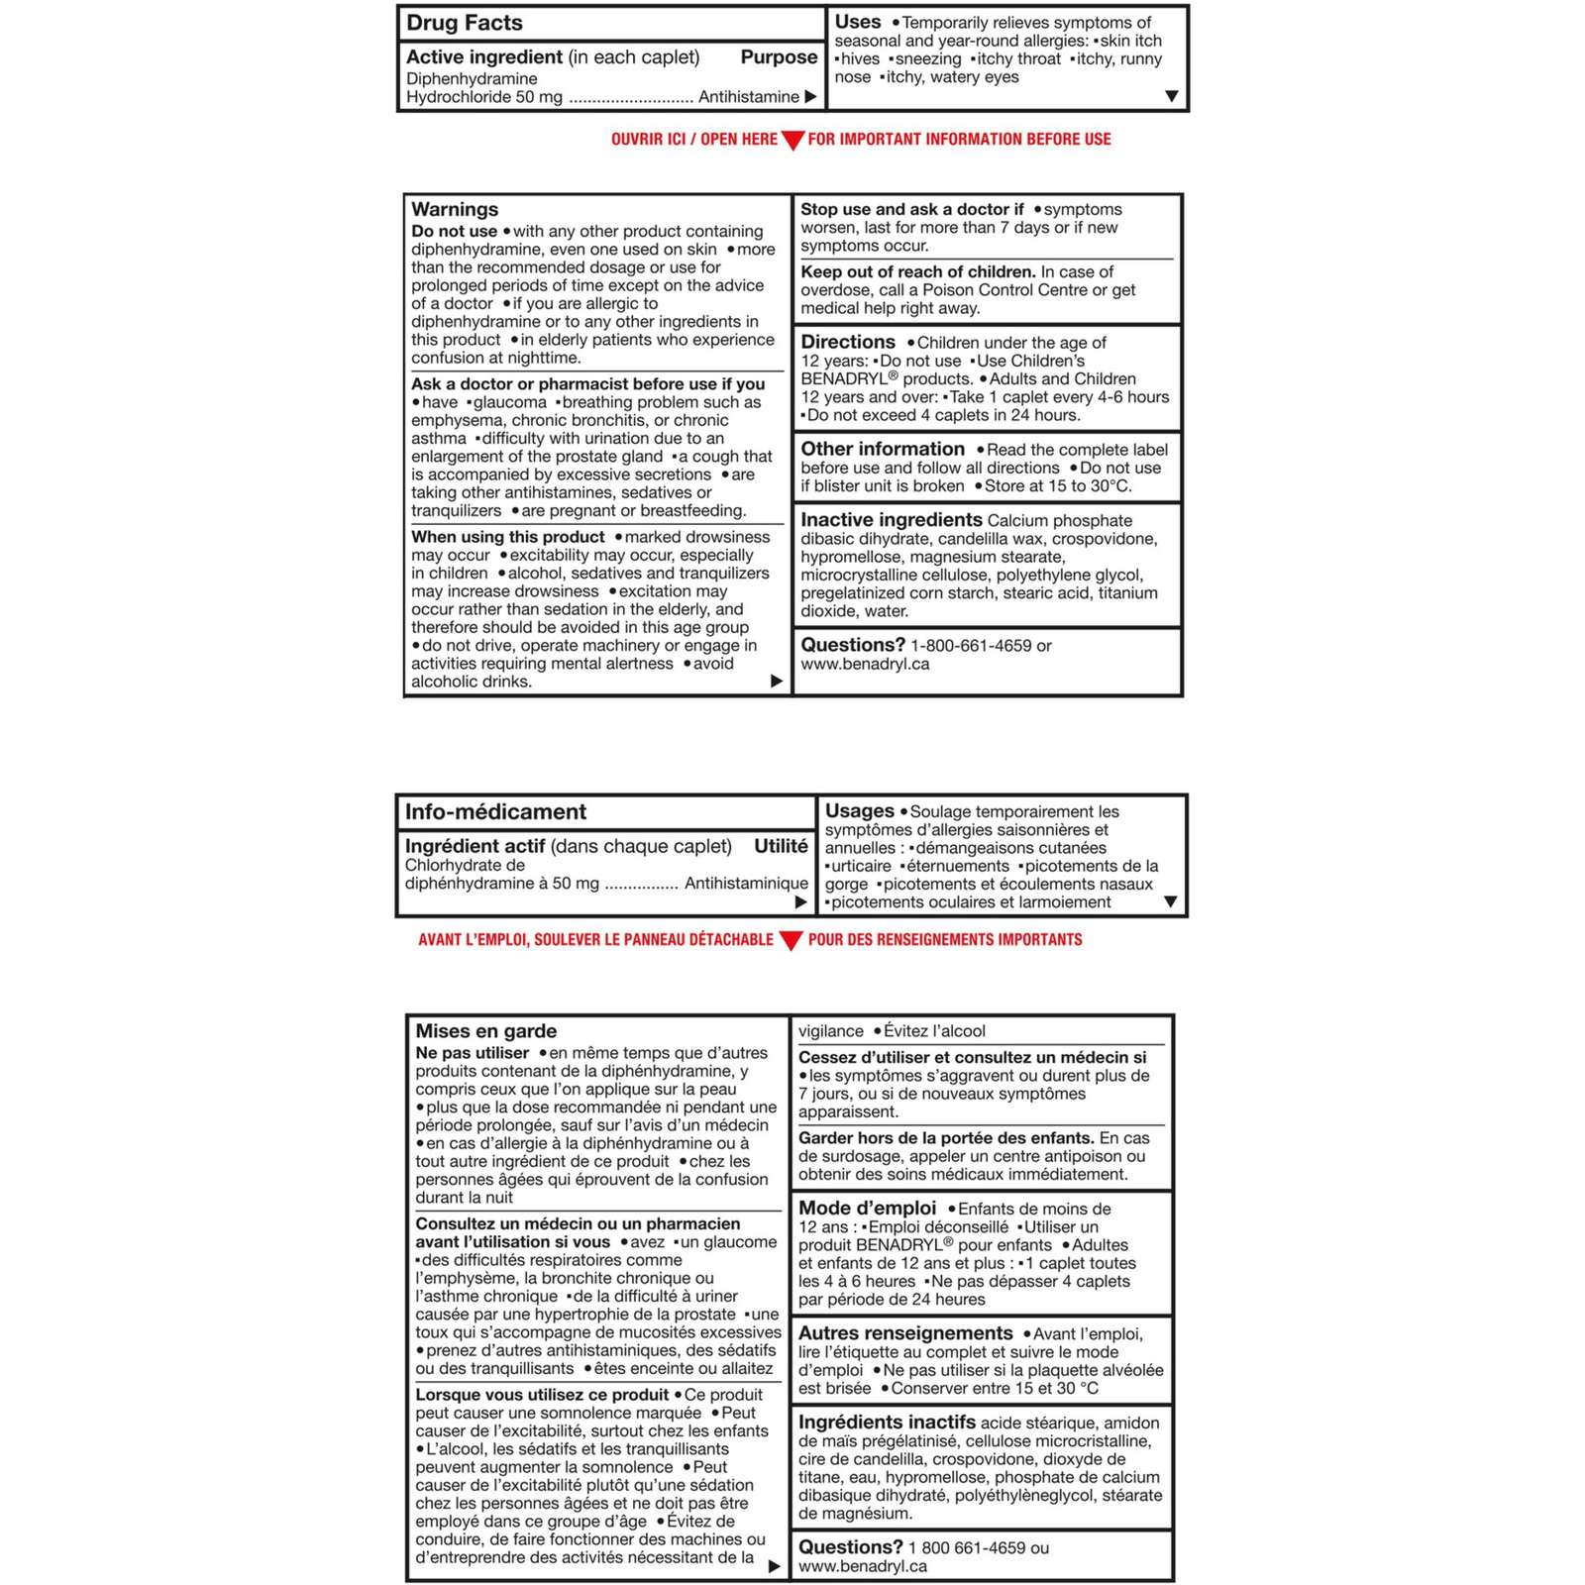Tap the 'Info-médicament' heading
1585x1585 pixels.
click(x=495, y=812)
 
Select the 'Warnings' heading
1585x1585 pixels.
click(x=455, y=209)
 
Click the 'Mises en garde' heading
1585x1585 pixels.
click(x=485, y=1031)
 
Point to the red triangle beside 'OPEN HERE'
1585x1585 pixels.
click(x=792, y=141)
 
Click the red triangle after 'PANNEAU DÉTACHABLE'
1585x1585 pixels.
click(x=791, y=941)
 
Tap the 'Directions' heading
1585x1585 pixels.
click(x=848, y=342)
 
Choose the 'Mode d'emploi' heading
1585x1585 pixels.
click(x=867, y=1209)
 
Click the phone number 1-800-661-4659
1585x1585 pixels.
click(x=971, y=646)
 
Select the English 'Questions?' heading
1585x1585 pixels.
click(x=853, y=645)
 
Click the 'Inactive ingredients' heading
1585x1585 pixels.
click(x=892, y=520)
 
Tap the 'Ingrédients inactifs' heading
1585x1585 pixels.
click(x=887, y=1423)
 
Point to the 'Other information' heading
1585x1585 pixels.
click(x=883, y=450)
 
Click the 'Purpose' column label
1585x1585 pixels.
click(x=779, y=57)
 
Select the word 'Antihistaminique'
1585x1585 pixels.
click(x=746, y=884)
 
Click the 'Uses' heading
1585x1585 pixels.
click(x=858, y=22)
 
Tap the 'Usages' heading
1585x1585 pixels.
click(x=859, y=811)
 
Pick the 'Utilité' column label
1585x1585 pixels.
click(x=781, y=846)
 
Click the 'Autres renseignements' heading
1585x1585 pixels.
click(x=905, y=1333)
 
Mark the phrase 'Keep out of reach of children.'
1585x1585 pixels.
click(x=918, y=272)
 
